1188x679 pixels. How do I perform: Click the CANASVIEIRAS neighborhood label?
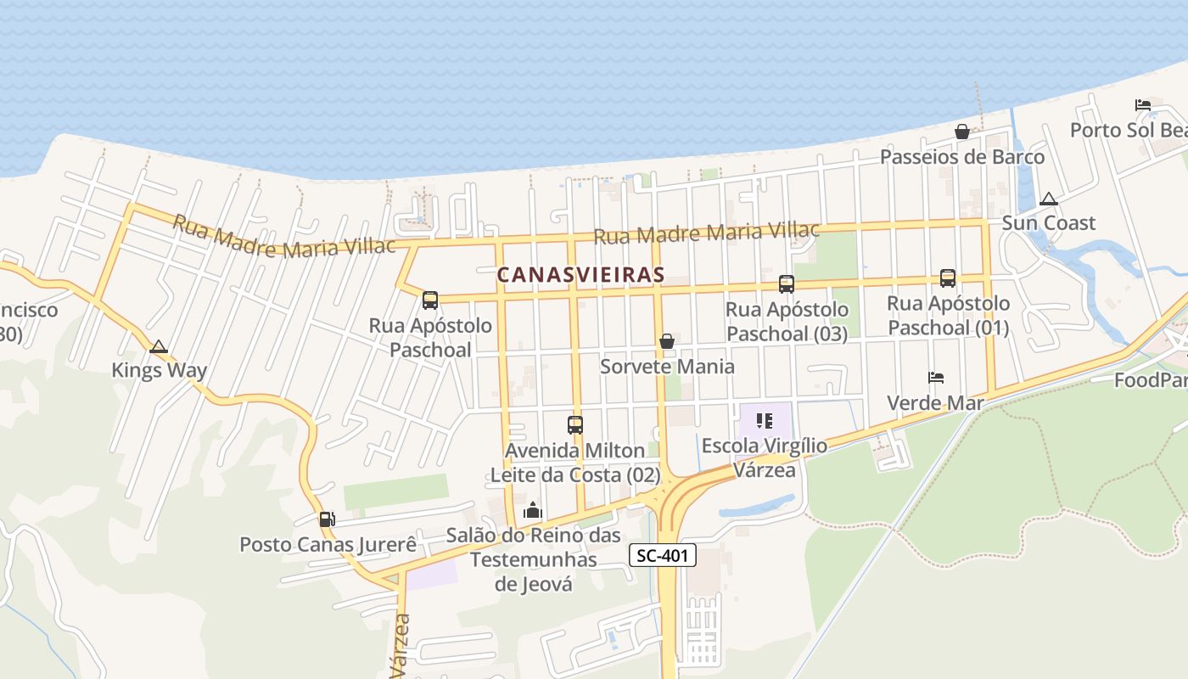click(x=580, y=275)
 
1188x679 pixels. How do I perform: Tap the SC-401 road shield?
click(x=663, y=556)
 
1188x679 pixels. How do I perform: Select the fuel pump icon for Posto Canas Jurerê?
click(x=327, y=519)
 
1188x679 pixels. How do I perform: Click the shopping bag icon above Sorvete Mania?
click(x=667, y=341)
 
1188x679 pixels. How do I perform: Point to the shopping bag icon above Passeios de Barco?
click(x=962, y=132)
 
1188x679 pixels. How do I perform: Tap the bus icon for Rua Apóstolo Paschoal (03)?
click(x=787, y=284)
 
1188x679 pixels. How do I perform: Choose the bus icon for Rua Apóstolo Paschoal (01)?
click(x=948, y=278)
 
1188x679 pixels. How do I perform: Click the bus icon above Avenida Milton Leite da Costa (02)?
click(x=575, y=425)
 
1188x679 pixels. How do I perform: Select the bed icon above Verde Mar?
click(x=936, y=378)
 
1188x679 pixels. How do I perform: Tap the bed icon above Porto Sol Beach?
click(x=1143, y=105)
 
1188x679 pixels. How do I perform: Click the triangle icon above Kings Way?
click(x=158, y=346)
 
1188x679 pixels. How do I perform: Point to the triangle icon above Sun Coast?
click(x=1049, y=199)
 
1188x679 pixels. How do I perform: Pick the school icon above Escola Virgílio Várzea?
click(x=765, y=421)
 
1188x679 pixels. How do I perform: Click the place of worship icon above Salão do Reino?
click(x=533, y=510)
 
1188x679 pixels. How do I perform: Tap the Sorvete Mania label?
click(x=667, y=367)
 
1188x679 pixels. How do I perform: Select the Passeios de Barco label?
click(x=962, y=157)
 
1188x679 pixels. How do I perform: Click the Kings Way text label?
click(x=160, y=371)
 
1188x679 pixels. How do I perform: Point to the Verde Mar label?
click(x=935, y=403)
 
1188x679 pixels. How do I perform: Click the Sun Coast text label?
click(x=1049, y=223)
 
